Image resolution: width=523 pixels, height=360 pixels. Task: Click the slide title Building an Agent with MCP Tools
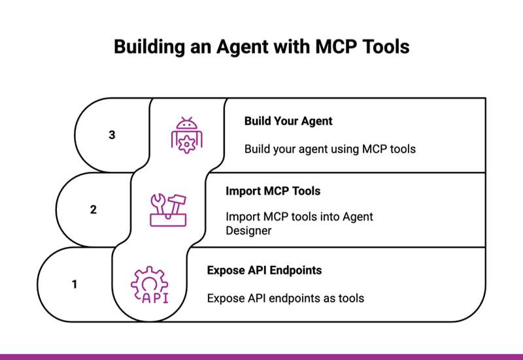click(261, 46)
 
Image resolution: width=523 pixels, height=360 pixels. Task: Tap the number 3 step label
click(112, 135)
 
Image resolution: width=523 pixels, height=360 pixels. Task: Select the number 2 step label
click(93, 210)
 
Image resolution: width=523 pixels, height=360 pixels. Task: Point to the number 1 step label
click(75, 284)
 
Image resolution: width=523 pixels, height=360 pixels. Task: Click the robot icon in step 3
click(188, 135)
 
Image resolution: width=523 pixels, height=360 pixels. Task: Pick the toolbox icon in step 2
click(169, 210)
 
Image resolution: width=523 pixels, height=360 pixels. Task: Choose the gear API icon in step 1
click(150, 285)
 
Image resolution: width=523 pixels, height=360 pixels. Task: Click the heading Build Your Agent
click(288, 121)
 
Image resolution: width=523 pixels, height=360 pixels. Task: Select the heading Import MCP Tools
click(273, 191)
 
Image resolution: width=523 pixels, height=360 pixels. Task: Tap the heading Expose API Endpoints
click(264, 270)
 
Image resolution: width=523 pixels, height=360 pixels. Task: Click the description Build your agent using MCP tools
click(330, 149)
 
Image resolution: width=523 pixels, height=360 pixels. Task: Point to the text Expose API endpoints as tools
click(285, 298)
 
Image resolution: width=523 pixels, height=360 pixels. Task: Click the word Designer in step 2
click(249, 230)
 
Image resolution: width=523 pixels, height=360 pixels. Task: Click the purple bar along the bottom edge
click(261, 357)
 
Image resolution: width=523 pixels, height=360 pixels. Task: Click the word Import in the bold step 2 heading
click(242, 191)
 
